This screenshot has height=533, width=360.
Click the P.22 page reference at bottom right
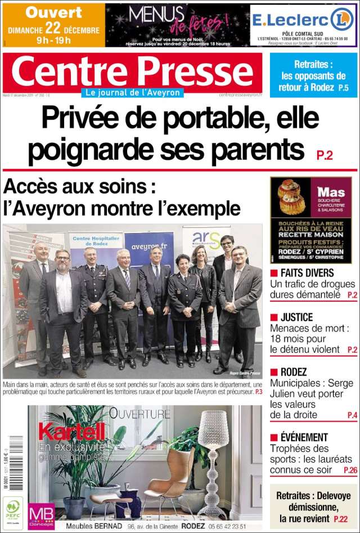(340, 519)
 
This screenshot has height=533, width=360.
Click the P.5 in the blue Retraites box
(343, 88)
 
